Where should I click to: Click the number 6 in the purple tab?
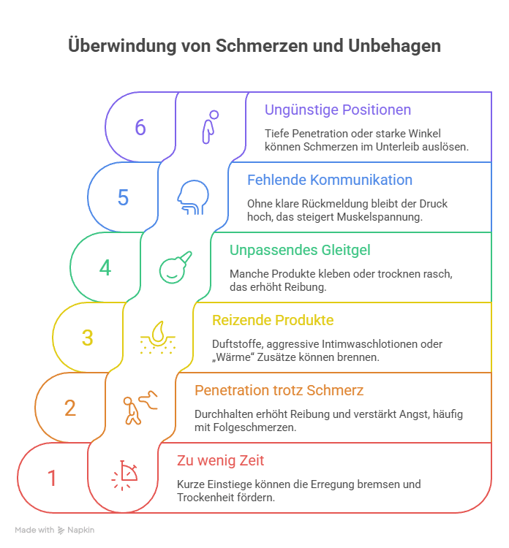(140, 127)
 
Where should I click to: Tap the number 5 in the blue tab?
(123, 197)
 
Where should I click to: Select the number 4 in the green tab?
(105, 267)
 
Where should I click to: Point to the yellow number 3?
(88, 338)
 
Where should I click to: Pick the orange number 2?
(70, 408)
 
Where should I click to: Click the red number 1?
(52, 478)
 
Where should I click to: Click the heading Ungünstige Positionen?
(337, 110)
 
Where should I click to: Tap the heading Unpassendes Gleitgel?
(301, 250)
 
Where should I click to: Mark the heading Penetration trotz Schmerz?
(279, 390)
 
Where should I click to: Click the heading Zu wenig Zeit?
(220, 460)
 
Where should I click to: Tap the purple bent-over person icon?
(210, 126)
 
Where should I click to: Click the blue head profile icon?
(192, 197)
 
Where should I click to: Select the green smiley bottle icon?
(176, 267)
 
